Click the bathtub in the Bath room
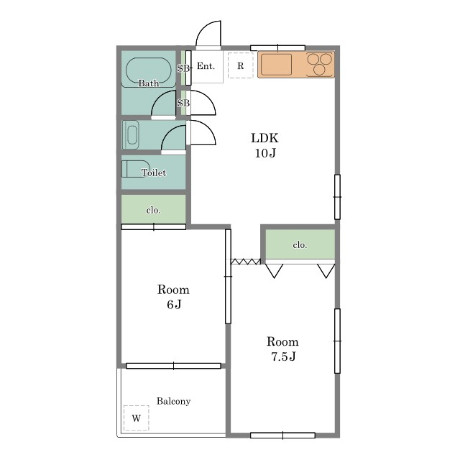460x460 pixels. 149,72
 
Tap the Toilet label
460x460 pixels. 153,172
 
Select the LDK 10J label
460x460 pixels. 265,145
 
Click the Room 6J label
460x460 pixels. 173,297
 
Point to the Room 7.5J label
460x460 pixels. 282,349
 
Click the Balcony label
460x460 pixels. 173,401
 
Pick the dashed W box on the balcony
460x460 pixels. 136,418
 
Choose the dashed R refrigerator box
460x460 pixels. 241,65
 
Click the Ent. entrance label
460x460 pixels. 206,66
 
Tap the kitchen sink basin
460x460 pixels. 276,65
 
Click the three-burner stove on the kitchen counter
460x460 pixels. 320,65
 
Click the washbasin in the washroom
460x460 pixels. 132,135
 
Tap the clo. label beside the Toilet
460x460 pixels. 153,211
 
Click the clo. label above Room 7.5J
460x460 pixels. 300,244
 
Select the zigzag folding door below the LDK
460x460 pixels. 246,262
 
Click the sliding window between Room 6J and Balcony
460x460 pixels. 173,366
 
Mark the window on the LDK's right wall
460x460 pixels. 337,197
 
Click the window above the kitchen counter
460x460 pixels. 278,48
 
